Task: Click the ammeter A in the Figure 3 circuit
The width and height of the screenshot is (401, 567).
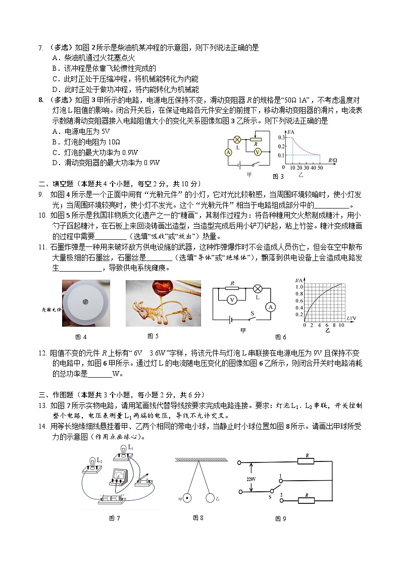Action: [x=228, y=152]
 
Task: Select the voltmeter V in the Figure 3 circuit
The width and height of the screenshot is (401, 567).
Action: [x=257, y=151]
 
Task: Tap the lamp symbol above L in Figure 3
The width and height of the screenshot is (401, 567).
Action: [x=236, y=139]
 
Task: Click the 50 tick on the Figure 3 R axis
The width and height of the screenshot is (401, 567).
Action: [x=320, y=167]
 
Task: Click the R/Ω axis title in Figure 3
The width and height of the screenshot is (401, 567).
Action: [x=333, y=161]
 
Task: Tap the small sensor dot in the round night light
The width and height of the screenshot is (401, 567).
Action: [x=86, y=302]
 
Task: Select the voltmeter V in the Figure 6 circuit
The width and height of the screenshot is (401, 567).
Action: [x=232, y=300]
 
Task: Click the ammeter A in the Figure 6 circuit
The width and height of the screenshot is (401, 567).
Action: [x=270, y=306]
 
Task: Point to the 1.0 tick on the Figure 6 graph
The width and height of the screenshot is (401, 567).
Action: [x=299, y=287]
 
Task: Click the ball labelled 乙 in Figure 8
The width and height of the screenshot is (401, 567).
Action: [x=210, y=498]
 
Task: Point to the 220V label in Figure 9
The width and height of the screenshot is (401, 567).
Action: [x=251, y=479]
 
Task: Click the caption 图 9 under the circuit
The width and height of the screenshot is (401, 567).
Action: [x=280, y=518]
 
